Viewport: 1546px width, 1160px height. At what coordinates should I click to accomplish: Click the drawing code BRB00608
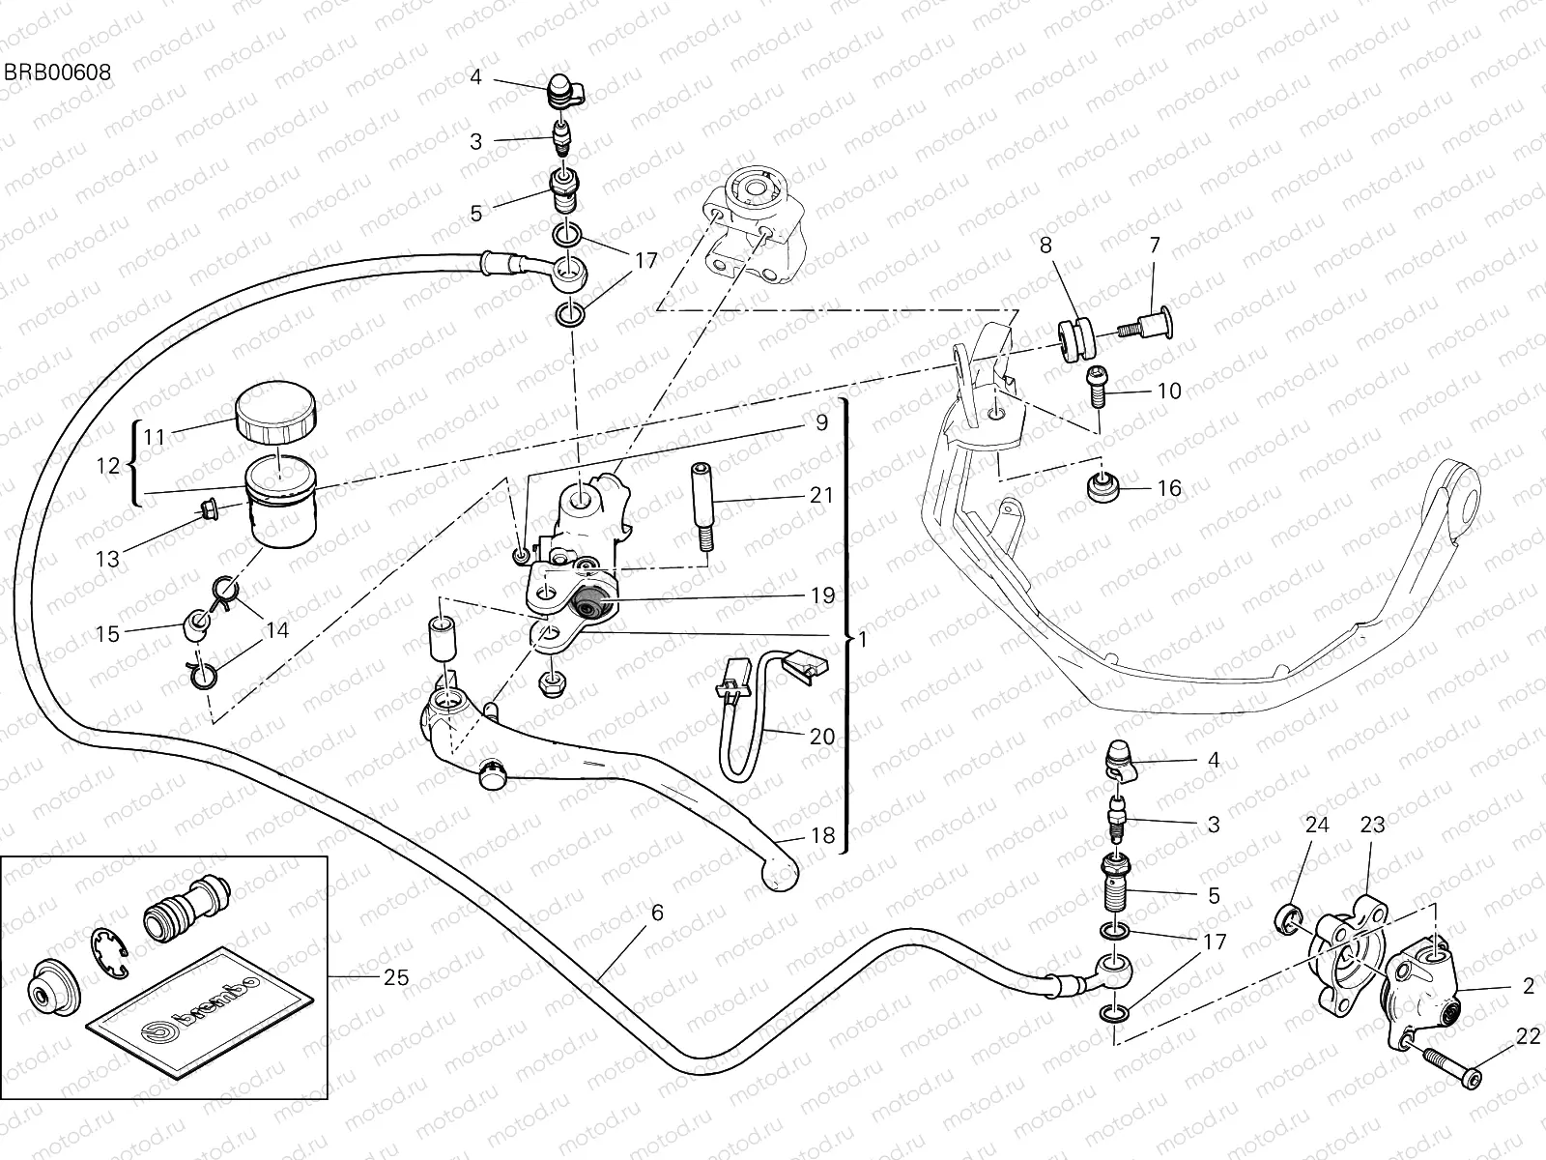pos(56,72)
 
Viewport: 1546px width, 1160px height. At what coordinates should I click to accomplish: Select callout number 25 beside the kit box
pos(396,977)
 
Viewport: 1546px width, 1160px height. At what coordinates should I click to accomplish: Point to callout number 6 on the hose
pos(657,912)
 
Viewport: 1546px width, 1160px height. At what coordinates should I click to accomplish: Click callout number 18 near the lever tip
pos(822,835)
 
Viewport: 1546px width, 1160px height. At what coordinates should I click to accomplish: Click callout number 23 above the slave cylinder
pos(1372,825)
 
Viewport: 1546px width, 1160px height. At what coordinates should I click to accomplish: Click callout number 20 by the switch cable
pos(822,737)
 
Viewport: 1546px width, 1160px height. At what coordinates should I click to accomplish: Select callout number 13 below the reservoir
pos(108,559)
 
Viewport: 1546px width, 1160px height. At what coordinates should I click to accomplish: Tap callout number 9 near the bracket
pos(821,422)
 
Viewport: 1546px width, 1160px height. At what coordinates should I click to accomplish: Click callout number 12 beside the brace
pos(108,466)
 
